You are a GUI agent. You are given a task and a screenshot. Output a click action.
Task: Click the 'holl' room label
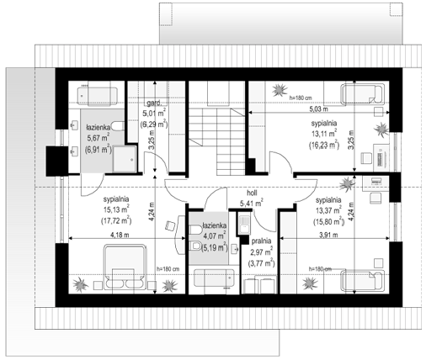[252, 193]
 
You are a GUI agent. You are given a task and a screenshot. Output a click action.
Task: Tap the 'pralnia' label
[261, 241]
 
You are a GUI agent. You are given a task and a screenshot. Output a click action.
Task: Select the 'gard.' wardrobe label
[154, 103]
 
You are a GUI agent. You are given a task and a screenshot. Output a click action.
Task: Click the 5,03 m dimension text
[318, 109]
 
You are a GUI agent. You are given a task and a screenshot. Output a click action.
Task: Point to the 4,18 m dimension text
[120, 235]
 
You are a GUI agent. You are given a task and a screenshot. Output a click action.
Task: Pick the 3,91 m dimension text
[328, 235]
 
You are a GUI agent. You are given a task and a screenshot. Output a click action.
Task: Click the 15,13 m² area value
[116, 209]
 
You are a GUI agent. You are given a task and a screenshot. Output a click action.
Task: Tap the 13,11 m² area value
[324, 134]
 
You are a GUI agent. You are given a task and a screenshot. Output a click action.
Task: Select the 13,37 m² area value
[328, 210]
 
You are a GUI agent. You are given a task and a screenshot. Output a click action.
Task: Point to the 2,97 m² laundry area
[261, 252]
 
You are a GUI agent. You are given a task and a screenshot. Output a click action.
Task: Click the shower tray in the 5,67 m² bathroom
[125, 159]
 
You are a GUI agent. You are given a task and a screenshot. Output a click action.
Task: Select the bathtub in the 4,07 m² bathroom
[214, 278]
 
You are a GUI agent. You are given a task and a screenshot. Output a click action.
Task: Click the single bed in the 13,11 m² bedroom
[361, 94]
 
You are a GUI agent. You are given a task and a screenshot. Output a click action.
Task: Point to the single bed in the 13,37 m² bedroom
[362, 281]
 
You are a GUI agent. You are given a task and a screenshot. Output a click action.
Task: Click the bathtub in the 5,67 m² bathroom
[97, 96]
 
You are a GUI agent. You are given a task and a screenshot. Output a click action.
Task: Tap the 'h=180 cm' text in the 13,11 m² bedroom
[301, 98]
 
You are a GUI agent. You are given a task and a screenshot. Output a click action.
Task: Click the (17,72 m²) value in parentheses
[116, 220]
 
